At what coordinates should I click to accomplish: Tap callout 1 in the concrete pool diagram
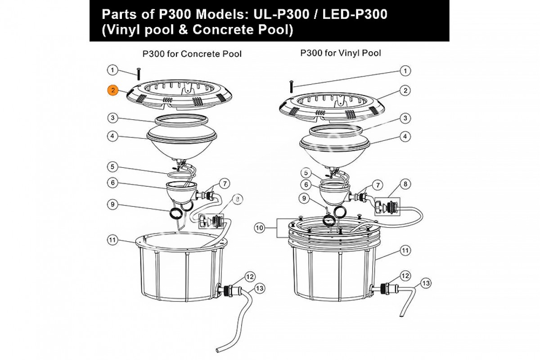point(112,70)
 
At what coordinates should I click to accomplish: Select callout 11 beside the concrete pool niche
point(112,240)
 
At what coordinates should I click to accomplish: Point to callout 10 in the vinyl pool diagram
point(259,229)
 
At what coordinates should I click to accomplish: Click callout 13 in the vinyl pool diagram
point(426,283)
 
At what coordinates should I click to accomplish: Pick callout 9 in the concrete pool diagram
point(112,205)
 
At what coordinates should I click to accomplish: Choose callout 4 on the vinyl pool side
point(405,135)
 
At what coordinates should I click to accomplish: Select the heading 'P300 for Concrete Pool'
point(192,54)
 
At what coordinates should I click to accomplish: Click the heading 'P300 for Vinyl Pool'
point(341,53)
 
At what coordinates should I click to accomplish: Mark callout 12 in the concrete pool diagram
point(250,276)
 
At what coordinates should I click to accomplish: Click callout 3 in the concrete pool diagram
point(112,118)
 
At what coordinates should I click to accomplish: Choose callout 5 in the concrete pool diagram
point(112,167)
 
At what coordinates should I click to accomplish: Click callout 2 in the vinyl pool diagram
point(405,90)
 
